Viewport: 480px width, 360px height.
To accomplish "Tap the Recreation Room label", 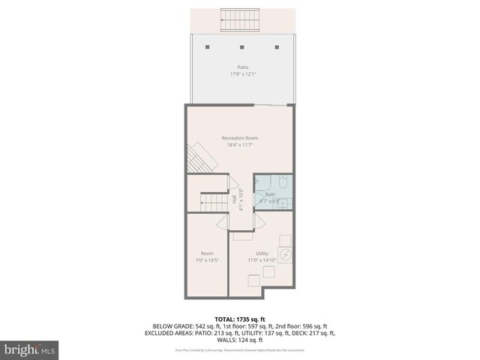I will (x=240, y=138).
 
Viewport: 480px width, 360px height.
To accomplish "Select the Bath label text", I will (x=270, y=194).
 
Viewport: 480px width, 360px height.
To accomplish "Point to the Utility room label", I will (x=262, y=253).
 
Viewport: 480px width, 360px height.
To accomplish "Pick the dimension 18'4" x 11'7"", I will (x=240, y=145).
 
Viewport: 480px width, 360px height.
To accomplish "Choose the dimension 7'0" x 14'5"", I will (x=207, y=260).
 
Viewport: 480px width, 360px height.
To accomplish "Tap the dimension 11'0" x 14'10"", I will (x=262, y=260).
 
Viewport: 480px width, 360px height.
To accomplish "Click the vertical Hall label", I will (x=234, y=200).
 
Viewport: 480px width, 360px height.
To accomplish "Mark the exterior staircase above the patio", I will (x=239, y=20).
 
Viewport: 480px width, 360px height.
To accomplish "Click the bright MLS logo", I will (x=30, y=349).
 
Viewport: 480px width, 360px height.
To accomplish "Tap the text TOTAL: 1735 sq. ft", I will (x=240, y=319).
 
